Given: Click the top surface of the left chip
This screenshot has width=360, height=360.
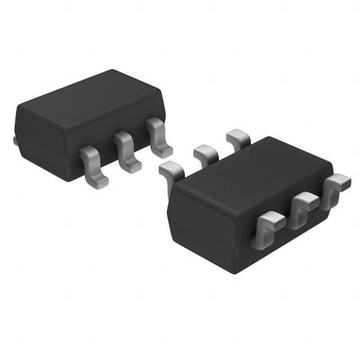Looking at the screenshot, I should tap(90, 101).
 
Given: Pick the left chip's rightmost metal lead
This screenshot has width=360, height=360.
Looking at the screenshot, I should tap(159, 137).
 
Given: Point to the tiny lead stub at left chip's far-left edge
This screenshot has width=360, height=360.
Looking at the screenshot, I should tap(15, 139).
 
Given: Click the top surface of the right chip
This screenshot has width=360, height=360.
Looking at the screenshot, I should tap(247, 174).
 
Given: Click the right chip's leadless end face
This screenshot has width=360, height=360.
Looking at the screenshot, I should tap(197, 225).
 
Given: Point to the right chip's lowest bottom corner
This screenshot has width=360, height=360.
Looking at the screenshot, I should tap(232, 273).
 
